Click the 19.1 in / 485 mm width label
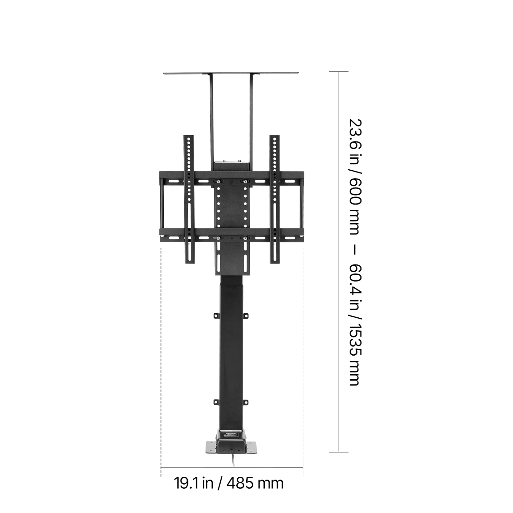[229, 483]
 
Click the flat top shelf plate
[231, 73]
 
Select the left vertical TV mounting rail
[189, 198]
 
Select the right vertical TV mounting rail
[275, 198]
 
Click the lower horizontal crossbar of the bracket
[232, 235]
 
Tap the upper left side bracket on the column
[216, 315]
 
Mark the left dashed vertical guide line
[161, 342]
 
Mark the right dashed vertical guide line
[303, 342]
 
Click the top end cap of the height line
[339, 72]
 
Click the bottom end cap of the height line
[339, 452]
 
